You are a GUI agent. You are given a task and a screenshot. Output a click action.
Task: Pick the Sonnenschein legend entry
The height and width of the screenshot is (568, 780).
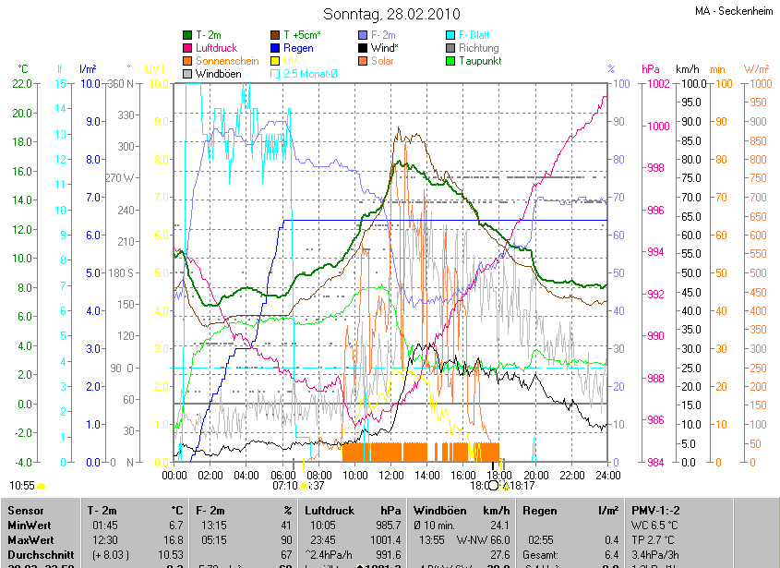point(227,61)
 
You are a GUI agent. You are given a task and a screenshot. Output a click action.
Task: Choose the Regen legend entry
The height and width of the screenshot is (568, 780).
point(298,48)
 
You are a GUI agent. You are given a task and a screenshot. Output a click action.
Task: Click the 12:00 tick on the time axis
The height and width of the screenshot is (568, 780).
point(391,476)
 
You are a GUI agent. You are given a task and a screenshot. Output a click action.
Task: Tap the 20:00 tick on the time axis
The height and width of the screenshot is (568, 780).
point(536,476)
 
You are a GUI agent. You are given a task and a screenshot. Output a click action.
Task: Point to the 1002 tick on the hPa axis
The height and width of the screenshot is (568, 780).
point(657,84)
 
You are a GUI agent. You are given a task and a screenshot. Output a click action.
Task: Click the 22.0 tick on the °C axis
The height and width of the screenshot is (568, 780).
point(21,84)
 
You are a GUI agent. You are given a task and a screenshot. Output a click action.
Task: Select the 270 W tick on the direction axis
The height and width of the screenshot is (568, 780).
point(121,178)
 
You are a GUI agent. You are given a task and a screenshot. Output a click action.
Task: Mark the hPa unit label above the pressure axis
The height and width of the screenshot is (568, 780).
point(650,69)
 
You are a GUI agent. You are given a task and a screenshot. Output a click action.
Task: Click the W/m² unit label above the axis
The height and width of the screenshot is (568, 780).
point(756,69)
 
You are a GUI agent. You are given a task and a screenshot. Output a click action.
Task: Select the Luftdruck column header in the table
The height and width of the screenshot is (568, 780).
point(328,510)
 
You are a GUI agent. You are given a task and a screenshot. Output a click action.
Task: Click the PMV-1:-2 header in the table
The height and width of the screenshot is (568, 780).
point(656,510)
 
